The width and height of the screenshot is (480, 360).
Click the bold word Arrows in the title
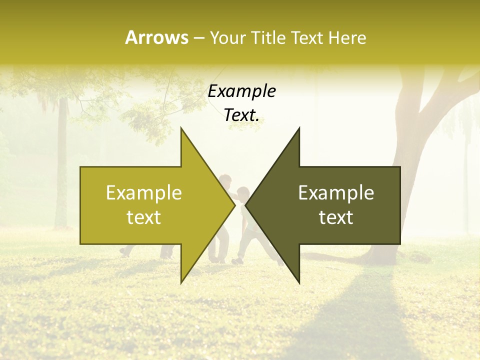click(x=156, y=37)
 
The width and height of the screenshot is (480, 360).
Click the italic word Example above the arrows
click(x=241, y=91)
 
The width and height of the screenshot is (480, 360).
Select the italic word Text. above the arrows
click(x=241, y=115)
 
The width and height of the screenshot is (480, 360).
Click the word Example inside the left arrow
click(x=144, y=193)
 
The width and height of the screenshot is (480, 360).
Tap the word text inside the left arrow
click(x=144, y=217)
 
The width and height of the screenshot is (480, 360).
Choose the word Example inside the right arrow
click(x=336, y=193)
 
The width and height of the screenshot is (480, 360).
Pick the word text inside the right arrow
click(x=336, y=217)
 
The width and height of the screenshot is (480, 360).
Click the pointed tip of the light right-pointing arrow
click(x=235, y=205)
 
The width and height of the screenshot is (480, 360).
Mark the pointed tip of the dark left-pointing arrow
click(x=245, y=205)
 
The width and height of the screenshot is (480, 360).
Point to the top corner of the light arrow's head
click(x=181, y=128)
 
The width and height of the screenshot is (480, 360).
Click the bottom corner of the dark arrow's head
click(x=299, y=283)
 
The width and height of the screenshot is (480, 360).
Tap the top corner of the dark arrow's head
click(x=299, y=128)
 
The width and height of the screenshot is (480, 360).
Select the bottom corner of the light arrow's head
click(x=181, y=283)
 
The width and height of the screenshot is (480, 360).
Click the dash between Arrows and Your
click(x=198, y=38)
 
